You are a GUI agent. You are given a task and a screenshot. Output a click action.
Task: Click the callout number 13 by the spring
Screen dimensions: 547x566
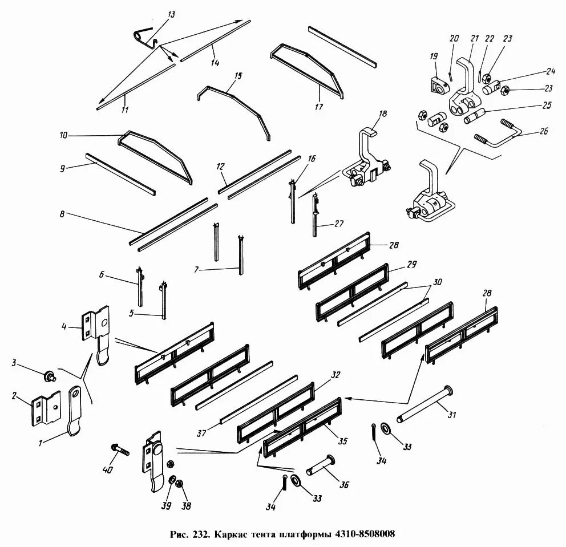click(171, 15)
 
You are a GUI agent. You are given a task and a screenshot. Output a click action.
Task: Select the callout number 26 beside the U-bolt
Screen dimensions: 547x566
click(543, 131)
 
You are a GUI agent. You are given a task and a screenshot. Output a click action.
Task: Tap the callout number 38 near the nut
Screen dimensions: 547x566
click(186, 505)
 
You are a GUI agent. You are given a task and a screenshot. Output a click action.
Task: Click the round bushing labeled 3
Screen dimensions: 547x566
click(49, 376)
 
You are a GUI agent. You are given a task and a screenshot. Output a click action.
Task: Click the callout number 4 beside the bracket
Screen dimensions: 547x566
click(65, 327)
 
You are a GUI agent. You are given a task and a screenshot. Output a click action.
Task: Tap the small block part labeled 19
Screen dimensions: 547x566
click(439, 86)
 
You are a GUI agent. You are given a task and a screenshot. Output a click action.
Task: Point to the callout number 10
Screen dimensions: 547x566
click(63, 136)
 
